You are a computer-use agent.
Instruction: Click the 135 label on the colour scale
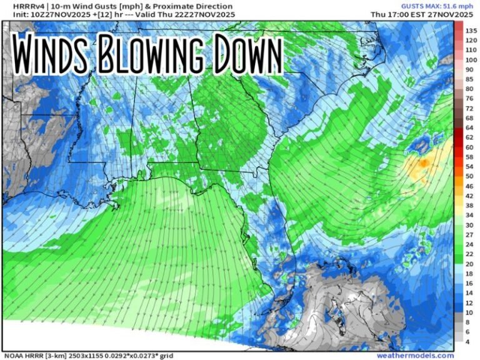tap(471, 30)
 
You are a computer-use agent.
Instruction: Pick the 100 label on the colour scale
tap(471, 59)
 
